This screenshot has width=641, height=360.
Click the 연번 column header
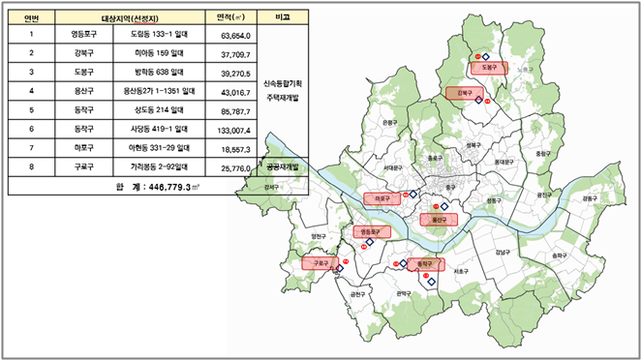pos(32,18)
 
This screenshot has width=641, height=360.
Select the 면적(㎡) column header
pos(236,18)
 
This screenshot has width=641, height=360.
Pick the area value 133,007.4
pos(235,129)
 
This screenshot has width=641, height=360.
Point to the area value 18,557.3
pos(235,147)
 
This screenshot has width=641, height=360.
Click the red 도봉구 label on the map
pos(489,67)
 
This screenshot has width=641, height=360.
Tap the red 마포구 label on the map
pos(381,197)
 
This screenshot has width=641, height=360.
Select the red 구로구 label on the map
pos(319,262)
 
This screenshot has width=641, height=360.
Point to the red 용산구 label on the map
pos(438,220)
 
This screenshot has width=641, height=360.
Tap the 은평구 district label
pos(388,123)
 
